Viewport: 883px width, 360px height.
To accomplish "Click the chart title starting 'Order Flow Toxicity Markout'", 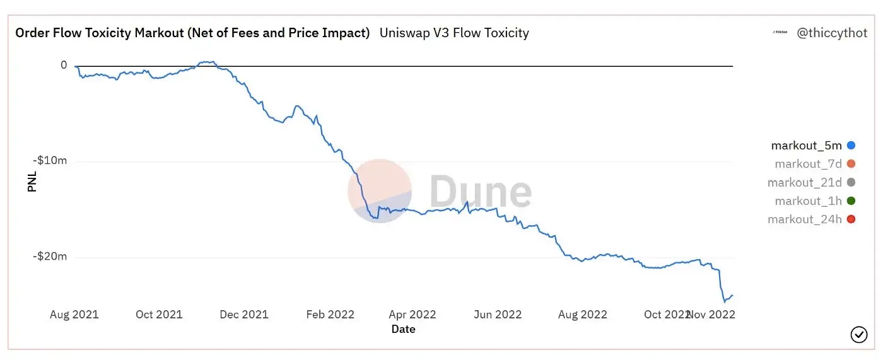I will [x=192, y=33].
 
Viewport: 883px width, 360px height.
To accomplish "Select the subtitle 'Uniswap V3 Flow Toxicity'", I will [x=454, y=33].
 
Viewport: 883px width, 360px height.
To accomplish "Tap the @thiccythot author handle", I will [x=832, y=33].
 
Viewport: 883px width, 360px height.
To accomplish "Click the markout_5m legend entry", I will [x=806, y=146].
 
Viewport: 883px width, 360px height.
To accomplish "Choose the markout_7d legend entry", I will [x=808, y=164].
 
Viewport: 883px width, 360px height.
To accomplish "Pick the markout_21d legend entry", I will [x=804, y=183].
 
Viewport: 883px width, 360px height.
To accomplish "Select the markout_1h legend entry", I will [x=808, y=201].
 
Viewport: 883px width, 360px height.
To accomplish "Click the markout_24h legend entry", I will [x=804, y=219].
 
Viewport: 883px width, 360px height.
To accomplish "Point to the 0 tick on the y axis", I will [x=64, y=65].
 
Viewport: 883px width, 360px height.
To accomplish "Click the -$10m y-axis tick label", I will [x=50, y=161].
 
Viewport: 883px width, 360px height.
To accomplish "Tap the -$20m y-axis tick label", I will [x=50, y=257].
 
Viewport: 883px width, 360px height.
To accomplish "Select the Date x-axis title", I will [x=403, y=329].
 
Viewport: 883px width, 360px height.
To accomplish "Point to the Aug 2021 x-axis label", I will [x=74, y=315].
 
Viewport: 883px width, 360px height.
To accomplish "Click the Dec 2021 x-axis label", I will [x=244, y=315].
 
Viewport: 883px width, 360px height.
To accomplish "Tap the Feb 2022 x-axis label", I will [x=330, y=315].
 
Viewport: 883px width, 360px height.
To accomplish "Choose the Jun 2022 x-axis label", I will [x=498, y=315].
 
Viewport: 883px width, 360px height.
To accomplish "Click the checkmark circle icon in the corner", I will [x=859, y=335].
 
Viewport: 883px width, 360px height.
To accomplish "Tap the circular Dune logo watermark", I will [x=380, y=191].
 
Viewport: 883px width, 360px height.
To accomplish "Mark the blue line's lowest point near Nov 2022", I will [x=724, y=302].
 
